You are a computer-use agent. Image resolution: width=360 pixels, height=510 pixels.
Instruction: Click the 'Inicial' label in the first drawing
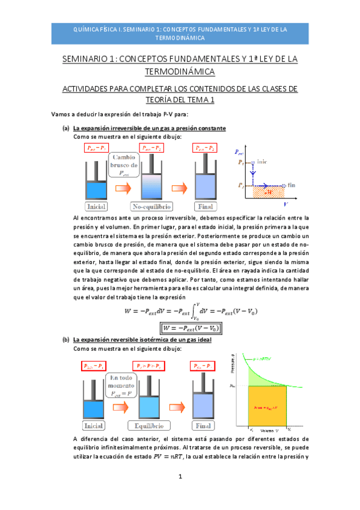pos(96,207)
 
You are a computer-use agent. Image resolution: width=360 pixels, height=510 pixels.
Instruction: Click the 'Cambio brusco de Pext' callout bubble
pos(124,165)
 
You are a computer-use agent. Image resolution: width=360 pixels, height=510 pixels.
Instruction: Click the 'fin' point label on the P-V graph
pos(291,185)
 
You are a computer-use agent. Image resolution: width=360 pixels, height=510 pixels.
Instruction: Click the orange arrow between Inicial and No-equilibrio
pos(123,190)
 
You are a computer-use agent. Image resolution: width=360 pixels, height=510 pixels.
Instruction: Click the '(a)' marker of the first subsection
pos(66,128)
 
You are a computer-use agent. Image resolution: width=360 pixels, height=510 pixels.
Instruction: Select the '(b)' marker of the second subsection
pos(66,340)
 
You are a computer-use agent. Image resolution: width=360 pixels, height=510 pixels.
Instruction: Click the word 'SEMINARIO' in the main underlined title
pos(86,60)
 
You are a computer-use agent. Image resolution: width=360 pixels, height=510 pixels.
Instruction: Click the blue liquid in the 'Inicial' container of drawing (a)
pos(96,191)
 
